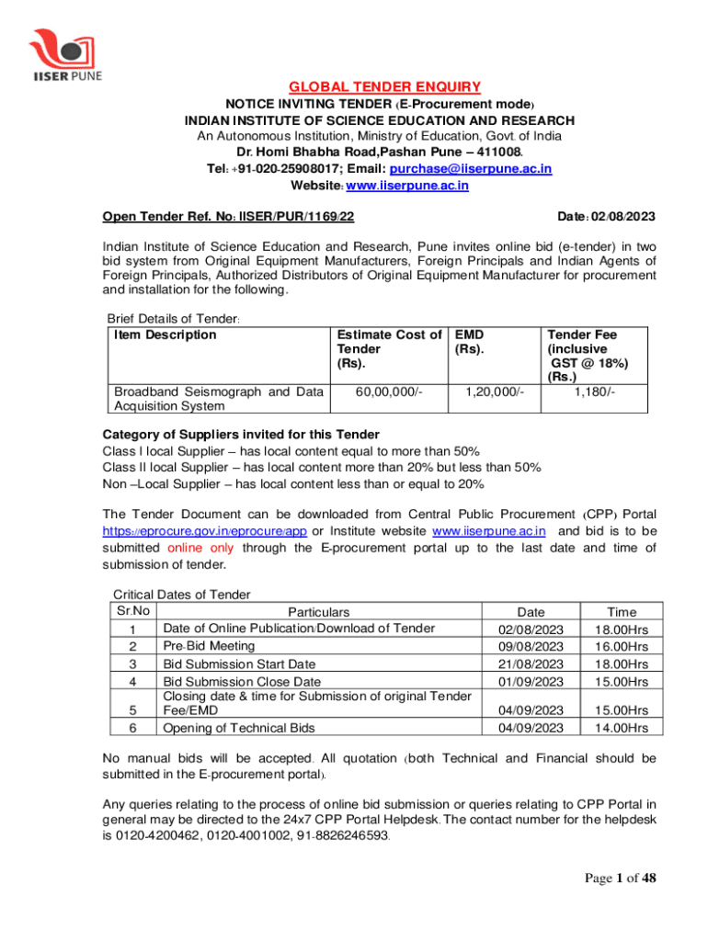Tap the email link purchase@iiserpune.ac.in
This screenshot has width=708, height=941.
tap(471, 169)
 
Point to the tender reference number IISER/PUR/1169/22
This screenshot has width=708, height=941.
tap(296, 217)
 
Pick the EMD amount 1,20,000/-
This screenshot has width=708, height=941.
tap(494, 392)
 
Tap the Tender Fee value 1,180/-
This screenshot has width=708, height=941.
tap(595, 392)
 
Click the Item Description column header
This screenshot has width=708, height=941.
tap(166, 334)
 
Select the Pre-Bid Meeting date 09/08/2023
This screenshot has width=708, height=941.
tap(531, 646)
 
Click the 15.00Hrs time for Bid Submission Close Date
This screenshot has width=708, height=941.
tap(622, 681)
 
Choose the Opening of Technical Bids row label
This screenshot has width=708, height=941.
tap(238, 728)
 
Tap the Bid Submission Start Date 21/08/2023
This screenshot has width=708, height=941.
tap(531, 663)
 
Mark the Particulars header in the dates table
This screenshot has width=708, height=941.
tap(318, 612)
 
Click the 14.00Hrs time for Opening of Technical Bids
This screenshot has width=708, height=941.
tap(622, 728)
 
